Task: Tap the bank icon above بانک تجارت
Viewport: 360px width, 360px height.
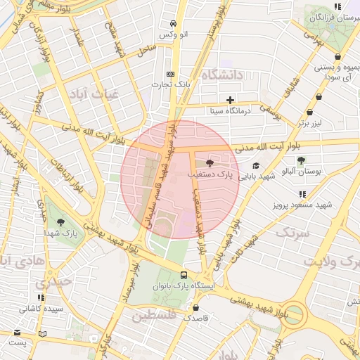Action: [x=170, y=74]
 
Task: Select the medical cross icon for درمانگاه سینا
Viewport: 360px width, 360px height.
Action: [x=230, y=100]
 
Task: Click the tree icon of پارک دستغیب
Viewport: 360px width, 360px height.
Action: [x=210, y=162]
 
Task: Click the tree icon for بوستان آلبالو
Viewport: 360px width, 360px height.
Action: [x=301, y=161]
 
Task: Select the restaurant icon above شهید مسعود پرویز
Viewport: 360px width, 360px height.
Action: [x=302, y=194]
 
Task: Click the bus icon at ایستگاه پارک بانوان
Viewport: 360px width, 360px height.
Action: [x=184, y=275]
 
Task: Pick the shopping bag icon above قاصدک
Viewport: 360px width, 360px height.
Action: [x=195, y=307]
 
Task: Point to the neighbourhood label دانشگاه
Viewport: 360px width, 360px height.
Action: [x=221, y=75]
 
